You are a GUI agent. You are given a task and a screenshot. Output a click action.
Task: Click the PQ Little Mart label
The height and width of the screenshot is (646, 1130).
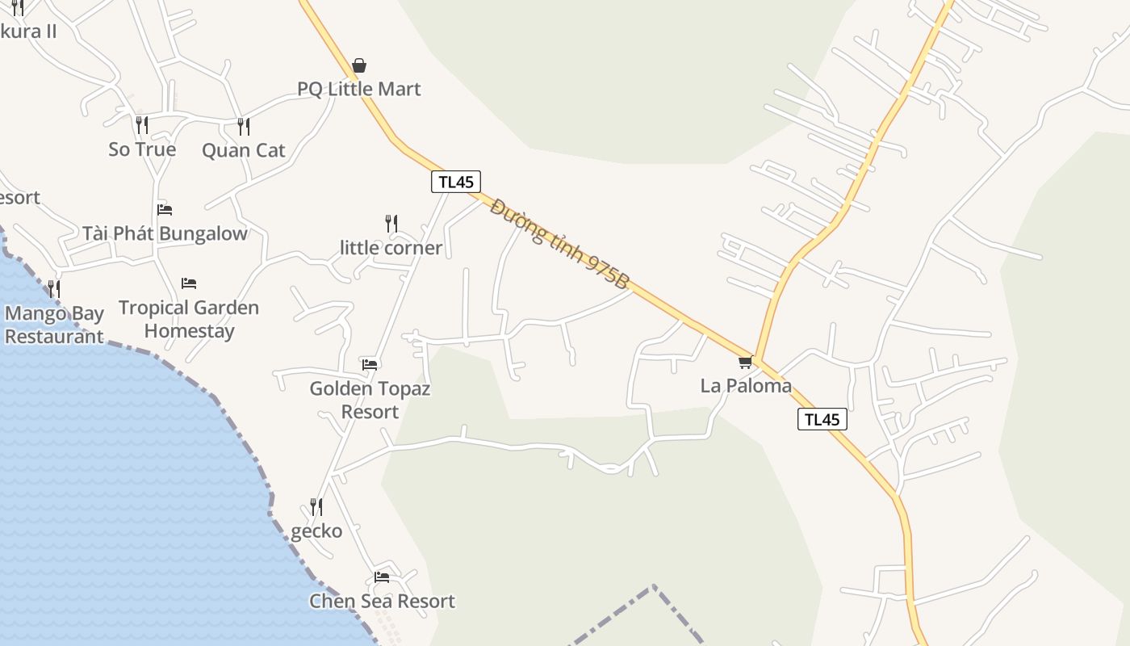point(359,89)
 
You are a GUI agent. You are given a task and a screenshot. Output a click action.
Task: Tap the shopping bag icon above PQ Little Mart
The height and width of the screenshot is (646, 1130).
point(359,65)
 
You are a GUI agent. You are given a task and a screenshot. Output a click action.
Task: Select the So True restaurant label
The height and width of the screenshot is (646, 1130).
point(142,149)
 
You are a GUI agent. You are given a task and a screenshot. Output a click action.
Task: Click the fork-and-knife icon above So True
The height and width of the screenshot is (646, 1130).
point(142,125)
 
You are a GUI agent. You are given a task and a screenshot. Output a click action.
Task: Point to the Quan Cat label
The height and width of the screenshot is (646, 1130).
point(243,150)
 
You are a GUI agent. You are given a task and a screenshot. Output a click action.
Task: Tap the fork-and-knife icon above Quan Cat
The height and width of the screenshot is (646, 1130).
point(243,126)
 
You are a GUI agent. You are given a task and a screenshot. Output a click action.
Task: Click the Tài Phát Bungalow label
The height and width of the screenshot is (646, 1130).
point(165,234)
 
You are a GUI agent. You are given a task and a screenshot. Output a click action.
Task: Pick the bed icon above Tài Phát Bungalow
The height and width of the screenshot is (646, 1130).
point(165,210)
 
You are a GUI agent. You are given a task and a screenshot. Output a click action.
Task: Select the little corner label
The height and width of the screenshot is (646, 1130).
point(391,248)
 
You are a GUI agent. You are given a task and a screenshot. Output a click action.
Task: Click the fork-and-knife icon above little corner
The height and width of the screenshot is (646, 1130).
point(391,223)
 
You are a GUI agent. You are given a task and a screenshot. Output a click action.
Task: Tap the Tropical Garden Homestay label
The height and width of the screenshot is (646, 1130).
point(189,319)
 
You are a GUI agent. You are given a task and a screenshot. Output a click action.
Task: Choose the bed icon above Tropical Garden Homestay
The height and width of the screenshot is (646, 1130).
point(189,283)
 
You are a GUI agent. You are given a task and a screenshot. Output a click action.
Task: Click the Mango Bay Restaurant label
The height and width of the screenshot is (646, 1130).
point(55,325)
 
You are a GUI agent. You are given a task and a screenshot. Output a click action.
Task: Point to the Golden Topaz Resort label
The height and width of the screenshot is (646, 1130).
point(370,400)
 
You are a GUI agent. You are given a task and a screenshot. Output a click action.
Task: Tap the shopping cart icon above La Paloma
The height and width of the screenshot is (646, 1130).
point(745,363)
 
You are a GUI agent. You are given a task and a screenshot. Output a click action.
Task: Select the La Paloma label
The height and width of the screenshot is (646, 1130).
point(746,386)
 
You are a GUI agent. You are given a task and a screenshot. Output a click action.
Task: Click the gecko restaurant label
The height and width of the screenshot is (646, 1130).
point(316,531)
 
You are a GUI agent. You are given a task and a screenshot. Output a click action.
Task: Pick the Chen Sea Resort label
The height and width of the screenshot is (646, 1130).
point(382,602)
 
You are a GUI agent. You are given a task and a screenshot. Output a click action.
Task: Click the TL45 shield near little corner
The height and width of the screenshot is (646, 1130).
point(456,182)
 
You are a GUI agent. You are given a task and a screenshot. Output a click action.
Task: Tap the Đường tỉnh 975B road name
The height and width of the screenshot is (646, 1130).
point(559,244)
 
